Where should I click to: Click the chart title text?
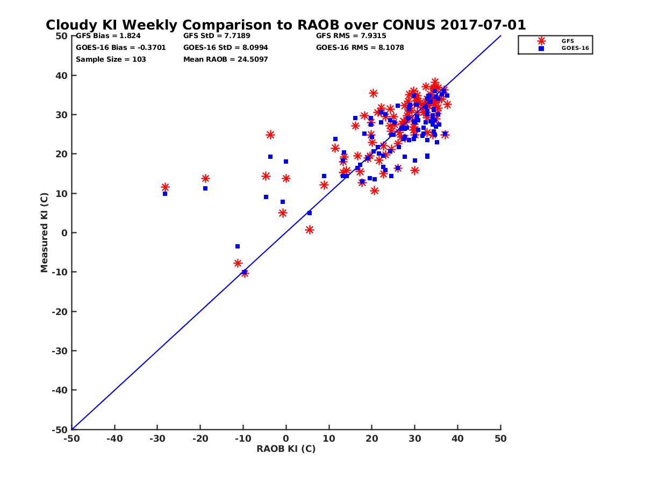[x=285, y=25]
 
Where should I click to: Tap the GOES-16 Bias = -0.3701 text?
[x=121, y=47]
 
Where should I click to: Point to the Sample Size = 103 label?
[x=111, y=59]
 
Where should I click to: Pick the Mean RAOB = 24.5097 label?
[x=225, y=59]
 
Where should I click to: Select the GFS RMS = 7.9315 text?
[x=351, y=36]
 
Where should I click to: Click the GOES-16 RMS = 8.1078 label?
[x=360, y=47]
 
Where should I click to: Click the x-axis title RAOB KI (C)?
[x=285, y=449]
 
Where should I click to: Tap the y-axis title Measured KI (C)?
[x=45, y=233]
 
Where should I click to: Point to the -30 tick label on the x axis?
[x=157, y=438]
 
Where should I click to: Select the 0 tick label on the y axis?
[x=64, y=233]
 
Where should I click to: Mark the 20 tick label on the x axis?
[x=371, y=438]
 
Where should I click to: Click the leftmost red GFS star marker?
[x=165, y=187]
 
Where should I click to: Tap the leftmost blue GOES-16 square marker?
[x=165, y=194]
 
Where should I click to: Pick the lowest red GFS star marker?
[x=245, y=273]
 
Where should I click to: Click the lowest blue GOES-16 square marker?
[x=244, y=272]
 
